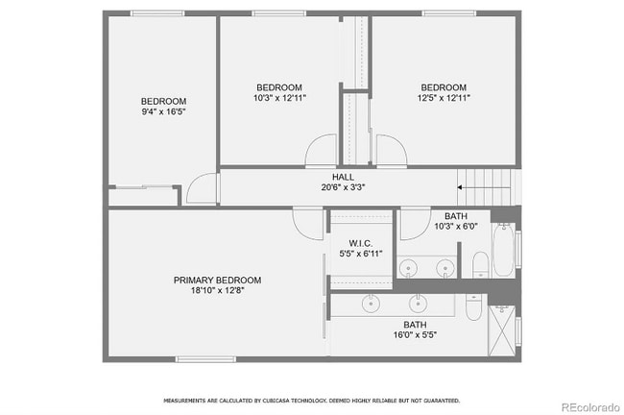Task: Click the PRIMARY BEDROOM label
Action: (217, 280)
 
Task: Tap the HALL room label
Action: (343, 177)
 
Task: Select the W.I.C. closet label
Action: (361, 243)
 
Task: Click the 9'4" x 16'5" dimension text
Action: (163, 111)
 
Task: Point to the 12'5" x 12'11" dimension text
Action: (444, 98)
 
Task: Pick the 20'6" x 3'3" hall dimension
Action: (343, 187)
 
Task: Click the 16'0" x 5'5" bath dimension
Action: (415, 335)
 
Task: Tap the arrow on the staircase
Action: (484, 187)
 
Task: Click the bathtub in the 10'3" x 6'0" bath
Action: (503, 250)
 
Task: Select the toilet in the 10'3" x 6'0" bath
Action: (481, 264)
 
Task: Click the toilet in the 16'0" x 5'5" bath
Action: (473, 307)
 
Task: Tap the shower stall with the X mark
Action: (501, 330)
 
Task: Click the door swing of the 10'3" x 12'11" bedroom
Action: (321, 150)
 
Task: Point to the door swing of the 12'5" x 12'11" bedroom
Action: (392, 150)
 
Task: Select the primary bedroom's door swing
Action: (307, 224)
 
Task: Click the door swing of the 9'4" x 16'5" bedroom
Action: (203, 188)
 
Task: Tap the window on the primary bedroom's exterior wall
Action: (205, 359)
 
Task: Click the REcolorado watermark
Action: (590, 407)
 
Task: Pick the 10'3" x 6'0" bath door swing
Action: (416, 224)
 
